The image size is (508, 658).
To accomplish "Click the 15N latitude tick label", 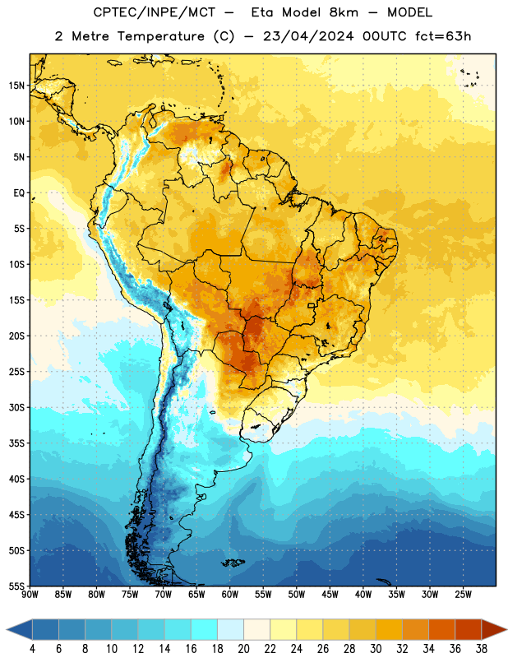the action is (16, 86).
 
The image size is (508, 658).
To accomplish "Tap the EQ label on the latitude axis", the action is (19, 193).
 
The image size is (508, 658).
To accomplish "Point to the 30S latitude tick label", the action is (16, 407).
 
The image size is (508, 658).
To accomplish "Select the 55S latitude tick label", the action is (16, 586).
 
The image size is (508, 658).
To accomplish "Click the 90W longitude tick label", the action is (30, 595).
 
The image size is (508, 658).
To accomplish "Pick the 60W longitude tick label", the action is (230, 595).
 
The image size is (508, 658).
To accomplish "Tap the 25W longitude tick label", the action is (463, 595).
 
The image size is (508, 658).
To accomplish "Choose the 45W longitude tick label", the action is (330, 595).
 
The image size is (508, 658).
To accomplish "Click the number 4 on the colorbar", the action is (32, 649).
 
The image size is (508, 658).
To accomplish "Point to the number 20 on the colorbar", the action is (243, 649).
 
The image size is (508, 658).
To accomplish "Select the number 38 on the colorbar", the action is (482, 649).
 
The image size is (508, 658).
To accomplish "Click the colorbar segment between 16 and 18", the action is (205, 630).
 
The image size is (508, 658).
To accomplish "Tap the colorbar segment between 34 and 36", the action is (442, 630).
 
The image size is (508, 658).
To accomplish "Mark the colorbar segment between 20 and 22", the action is (257, 630).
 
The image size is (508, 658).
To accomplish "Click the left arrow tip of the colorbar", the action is (7, 630).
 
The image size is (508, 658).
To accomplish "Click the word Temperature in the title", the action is (160, 36).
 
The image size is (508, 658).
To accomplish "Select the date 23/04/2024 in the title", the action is (308, 36).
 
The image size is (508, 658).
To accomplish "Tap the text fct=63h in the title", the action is (443, 36).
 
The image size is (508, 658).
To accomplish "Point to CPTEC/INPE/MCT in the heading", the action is (155, 12).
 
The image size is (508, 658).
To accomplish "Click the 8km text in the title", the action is (344, 12).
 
